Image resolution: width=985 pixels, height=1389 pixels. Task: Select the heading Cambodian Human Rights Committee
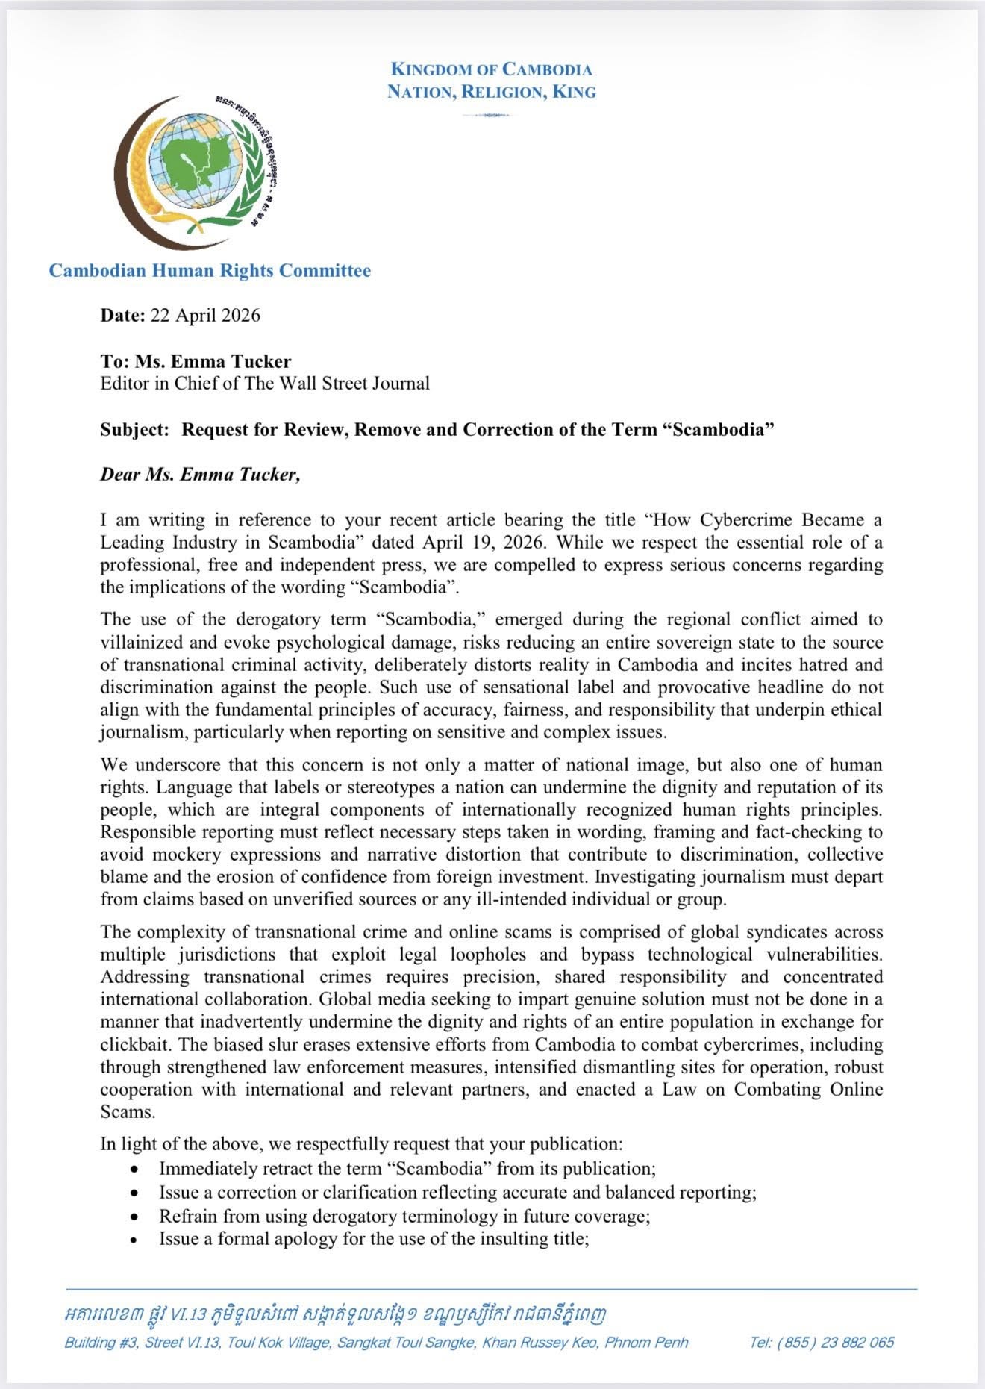click(x=210, y=270)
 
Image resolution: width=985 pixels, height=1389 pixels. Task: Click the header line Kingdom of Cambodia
click(x=492, y=69)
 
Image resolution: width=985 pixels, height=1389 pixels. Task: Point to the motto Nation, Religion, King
click(x=492, y=92)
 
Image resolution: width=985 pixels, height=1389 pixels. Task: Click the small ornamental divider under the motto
click(x=492, y=115)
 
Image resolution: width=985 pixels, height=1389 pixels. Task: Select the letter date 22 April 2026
click(x=205, y=315)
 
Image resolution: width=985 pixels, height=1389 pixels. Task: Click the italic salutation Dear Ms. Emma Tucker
click(x=200, y=475)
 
